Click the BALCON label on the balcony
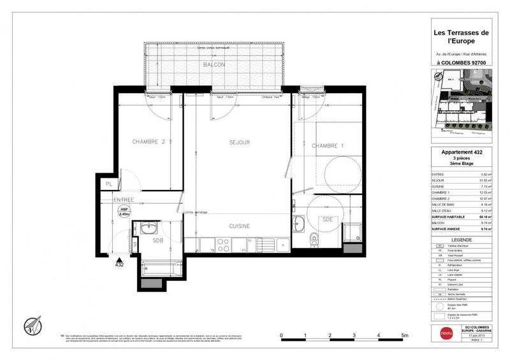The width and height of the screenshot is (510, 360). point(214,66)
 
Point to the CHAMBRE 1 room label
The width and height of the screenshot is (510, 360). point(327,146)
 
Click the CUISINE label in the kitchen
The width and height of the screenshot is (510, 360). point(239,226)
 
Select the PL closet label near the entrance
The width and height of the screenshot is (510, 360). point(110,184)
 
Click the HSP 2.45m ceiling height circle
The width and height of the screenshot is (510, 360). point(125,212)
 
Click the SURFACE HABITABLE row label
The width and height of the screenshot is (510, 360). point(448,217)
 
